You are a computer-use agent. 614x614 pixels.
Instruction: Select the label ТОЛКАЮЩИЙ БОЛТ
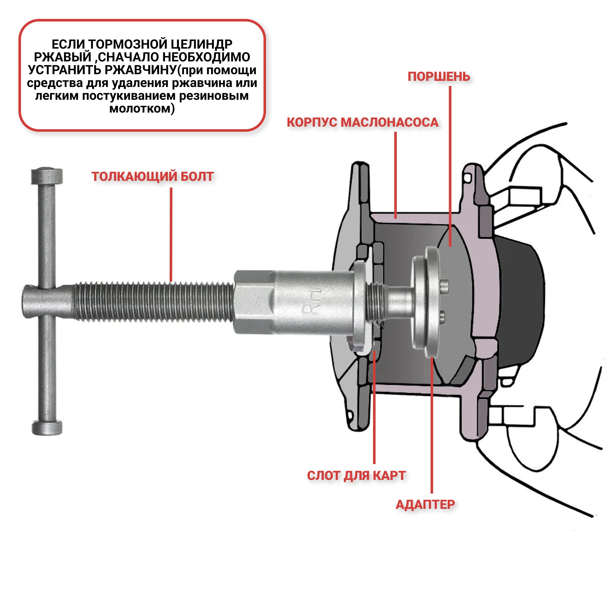point(152,177)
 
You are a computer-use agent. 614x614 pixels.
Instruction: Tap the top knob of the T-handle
point(47,176)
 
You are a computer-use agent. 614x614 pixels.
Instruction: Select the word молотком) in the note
point(142,109)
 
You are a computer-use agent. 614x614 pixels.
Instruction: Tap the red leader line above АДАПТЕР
point(432,426)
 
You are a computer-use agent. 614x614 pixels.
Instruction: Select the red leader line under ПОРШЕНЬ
point(450,165)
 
